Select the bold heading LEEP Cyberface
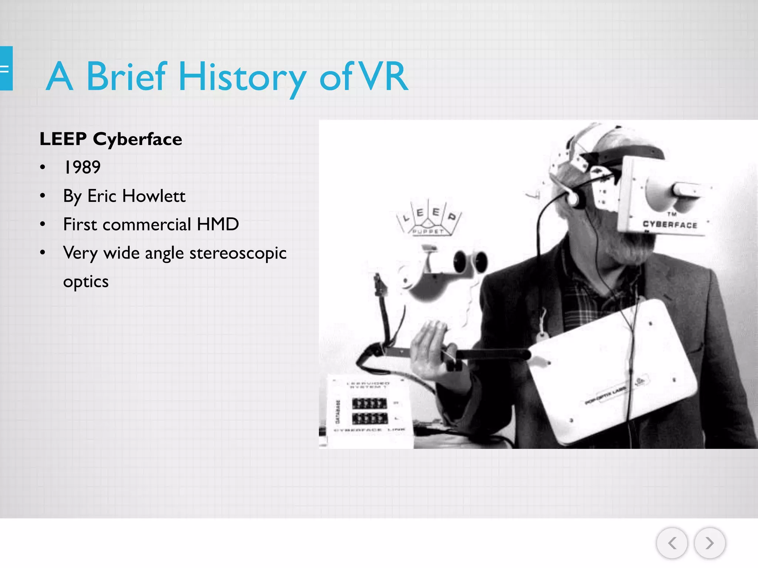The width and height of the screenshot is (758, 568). coord(111,139)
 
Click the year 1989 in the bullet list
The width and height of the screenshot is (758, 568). coord(82,167)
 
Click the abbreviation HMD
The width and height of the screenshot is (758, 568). coord(218,224)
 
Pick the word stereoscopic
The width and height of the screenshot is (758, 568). coord(238,253)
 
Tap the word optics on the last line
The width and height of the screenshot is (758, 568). coord(86,282)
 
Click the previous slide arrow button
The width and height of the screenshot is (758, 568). coord(672,543)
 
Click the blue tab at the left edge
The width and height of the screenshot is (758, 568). coord(6,68)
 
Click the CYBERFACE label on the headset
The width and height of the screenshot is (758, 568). coord(670,224)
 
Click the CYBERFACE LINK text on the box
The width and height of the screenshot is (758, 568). coord(369,430)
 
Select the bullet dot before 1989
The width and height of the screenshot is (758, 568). coord(43,167)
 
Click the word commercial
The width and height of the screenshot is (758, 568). coord(147,224)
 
